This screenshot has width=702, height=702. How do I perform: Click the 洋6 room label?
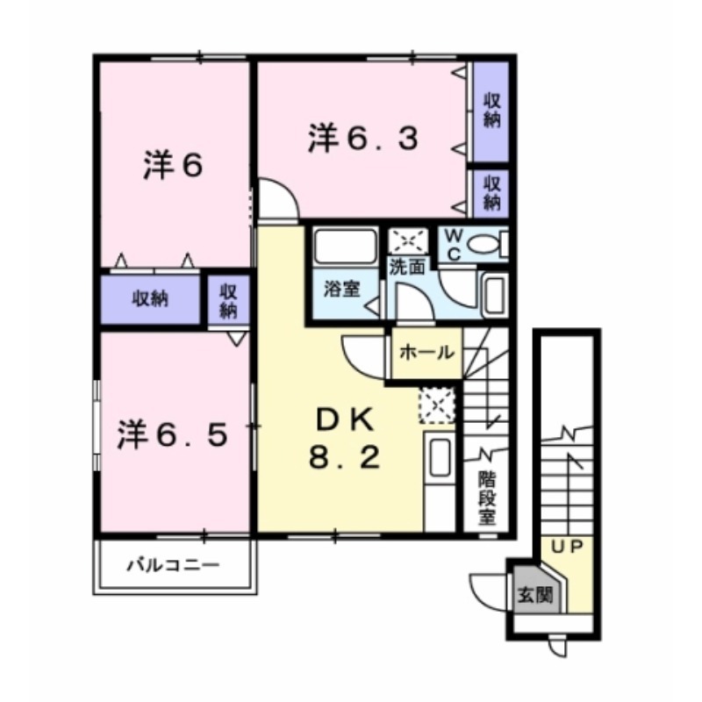[x=173, y=164]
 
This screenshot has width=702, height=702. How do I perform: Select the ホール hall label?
[x=426, y=353]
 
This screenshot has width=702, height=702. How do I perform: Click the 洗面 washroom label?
[x=408, y=268]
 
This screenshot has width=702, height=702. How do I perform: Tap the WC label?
[x=454, y=245]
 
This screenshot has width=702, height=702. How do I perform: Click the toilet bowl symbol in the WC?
[x=488, y=245]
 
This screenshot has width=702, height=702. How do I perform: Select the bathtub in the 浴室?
[x=346, y=246]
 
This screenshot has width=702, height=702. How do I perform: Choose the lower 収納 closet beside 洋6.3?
[x=491, y=191]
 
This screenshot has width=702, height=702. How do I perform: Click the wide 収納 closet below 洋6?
[x=150, y=298]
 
